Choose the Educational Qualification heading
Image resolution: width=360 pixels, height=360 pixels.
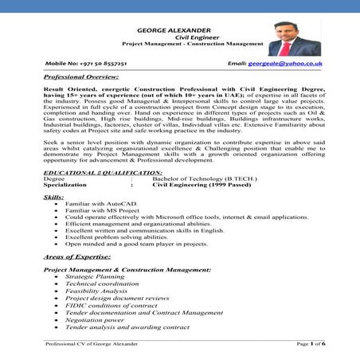click(92, 172)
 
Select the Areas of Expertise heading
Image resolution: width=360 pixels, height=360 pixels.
click(77, 257)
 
